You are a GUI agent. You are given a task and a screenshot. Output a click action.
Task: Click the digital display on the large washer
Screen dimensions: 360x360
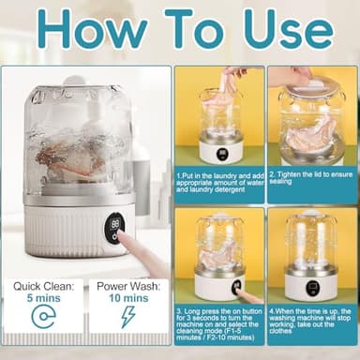[114, 225]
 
